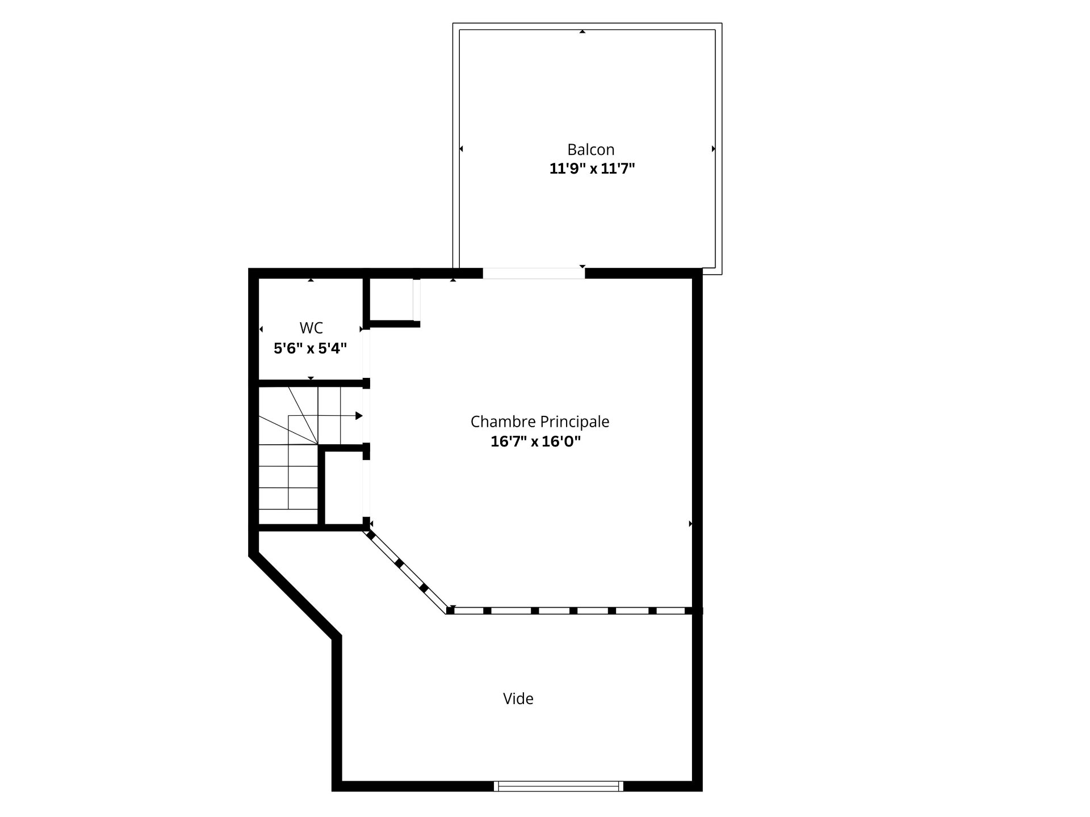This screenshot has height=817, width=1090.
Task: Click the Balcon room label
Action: tap(590, 150)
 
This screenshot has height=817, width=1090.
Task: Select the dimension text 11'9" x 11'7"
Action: tap(592, 169)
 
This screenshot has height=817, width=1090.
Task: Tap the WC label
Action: tap(311, 328)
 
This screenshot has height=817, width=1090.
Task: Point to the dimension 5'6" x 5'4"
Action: tap(310, 348)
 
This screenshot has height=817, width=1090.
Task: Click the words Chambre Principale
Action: tap(539, 422)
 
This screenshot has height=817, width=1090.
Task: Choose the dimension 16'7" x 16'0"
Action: tap(535, 441)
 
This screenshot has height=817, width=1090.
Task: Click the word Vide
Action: tap(518, 698)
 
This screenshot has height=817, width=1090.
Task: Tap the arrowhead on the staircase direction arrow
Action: tap(359, 416)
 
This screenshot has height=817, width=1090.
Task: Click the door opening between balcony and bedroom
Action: tap(534, 273)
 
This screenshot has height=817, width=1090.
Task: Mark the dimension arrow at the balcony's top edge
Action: tap(582, 32)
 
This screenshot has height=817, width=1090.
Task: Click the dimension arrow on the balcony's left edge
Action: tap(461, 149)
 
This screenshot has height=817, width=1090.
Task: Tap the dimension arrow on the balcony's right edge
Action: tap(714, 149)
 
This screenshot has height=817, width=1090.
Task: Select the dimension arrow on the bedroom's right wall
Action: tap(691, 524)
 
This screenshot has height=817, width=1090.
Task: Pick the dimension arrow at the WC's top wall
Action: tap(311, 280)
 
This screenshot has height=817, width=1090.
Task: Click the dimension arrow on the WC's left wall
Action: tap(261, 329)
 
